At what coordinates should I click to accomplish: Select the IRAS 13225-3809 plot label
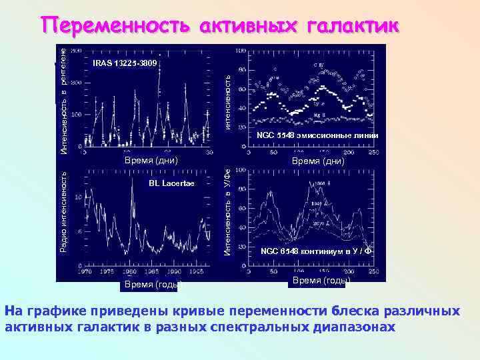point(125,63)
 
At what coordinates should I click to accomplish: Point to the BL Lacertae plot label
point(171,183)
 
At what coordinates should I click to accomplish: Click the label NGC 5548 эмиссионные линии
point(318,136)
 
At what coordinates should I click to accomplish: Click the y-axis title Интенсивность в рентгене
point(63,96)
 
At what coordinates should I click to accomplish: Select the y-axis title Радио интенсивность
point(63,210)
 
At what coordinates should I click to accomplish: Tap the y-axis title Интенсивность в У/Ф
point(227,212)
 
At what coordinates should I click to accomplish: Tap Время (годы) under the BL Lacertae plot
point(151,285)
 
